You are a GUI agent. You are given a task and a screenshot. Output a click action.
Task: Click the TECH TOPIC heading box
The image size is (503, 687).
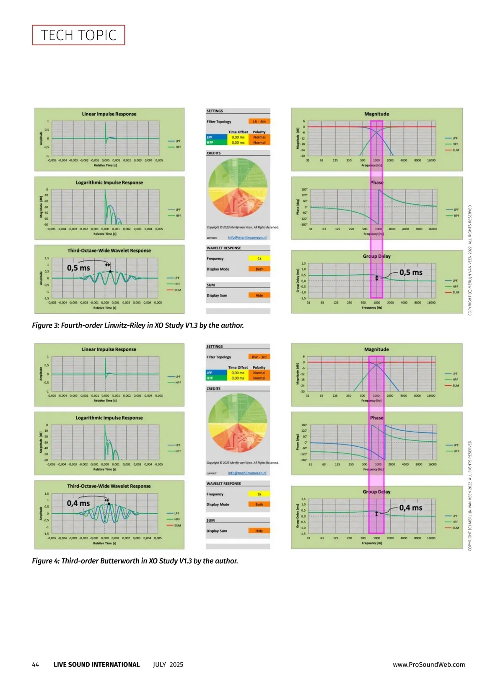(x=78, y=35)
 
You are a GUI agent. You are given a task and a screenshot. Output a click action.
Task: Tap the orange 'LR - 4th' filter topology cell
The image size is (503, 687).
(x=259, y=122)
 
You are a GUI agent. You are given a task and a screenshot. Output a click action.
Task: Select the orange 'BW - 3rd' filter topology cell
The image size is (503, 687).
(x=259, y=357)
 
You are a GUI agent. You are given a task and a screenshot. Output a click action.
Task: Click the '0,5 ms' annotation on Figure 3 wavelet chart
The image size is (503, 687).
(x=78, y=268)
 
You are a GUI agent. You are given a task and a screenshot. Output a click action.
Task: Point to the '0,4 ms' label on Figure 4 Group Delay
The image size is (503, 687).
(x=410, y=507)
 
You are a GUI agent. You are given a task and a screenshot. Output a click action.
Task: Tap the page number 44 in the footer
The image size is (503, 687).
(x=36, y=664)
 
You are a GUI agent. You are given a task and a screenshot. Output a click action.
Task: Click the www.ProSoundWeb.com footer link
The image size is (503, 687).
(x=428, y=664)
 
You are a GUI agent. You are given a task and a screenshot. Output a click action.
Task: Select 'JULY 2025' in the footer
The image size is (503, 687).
(x=168, y=664)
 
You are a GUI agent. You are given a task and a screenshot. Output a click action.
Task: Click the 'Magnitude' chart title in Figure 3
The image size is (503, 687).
(x=376, y=114)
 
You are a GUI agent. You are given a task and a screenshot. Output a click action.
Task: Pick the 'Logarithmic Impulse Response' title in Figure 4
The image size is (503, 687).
(x=109, y=418)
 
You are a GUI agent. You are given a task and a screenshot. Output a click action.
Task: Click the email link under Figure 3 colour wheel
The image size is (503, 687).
(x=247, y=237)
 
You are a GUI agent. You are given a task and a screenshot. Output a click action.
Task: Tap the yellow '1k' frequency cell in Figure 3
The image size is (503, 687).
(x=259, y=258)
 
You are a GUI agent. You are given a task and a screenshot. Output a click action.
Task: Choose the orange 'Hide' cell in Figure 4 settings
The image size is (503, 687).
(x=259, y=531)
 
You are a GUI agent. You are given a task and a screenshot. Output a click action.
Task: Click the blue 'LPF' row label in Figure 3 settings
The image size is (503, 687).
(x=210, y=137)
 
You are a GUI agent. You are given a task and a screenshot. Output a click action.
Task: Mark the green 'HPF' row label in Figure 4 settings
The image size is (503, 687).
(x=210, y=378)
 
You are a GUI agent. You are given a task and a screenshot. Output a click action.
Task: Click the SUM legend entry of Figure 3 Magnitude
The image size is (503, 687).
(x=455, y=150)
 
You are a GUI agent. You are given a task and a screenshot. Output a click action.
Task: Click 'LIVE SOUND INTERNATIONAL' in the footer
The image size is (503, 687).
(x=96, y=664)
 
